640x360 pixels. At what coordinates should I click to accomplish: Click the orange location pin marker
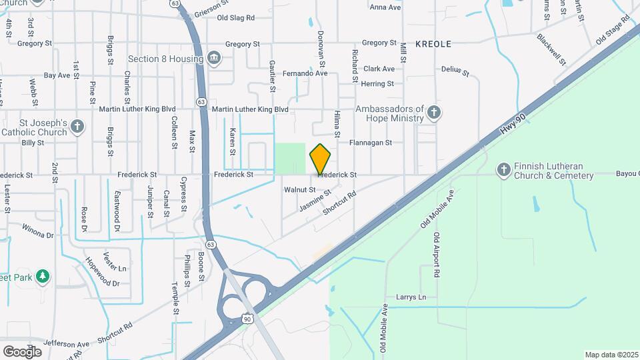pos(321,159)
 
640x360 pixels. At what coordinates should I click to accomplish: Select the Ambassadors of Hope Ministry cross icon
pos(434,112)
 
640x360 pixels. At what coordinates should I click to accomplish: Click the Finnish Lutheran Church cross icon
pos(504,170)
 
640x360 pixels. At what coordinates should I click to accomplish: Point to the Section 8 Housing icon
pos(213,58)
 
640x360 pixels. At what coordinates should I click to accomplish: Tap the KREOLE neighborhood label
pos(433,44)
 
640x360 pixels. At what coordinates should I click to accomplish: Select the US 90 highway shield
pos(247,319)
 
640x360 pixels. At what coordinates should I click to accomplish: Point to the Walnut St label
pos(299,190)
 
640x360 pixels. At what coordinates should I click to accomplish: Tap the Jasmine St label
pos(315,200)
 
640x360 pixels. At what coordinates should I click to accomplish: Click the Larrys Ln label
pos(411,297)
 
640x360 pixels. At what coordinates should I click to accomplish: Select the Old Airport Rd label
pos(437,255)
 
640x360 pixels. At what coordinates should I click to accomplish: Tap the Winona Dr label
pos(38,235)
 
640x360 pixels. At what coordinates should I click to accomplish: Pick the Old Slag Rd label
pos(231,18)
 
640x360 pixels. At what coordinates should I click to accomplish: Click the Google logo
pos(22,351)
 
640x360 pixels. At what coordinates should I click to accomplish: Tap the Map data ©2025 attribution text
pos(611,355)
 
